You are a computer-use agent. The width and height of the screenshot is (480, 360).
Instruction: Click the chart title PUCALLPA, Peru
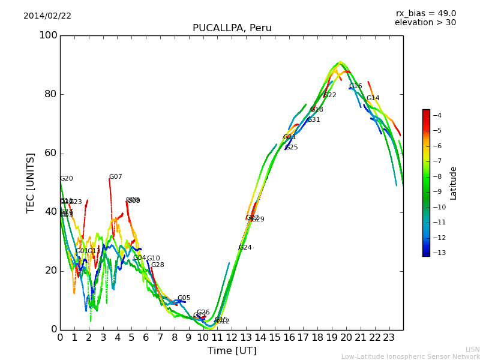[x=232, y=28]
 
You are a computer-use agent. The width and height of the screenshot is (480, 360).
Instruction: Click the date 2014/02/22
[x=47, y=16]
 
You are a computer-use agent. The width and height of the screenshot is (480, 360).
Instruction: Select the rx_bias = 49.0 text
[x=425, y=14]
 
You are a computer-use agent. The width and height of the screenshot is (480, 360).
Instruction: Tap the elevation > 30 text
[x=425, y=23]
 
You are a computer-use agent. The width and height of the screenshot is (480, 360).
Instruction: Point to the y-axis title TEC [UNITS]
[x=31, y=182]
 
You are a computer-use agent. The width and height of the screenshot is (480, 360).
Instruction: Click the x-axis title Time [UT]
[x=232, y=351]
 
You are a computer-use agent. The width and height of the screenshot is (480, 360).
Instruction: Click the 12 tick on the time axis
[x=232, y=338]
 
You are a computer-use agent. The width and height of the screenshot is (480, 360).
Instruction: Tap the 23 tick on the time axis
[x=389, y=338]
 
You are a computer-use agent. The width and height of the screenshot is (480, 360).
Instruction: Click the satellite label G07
[x=115, y=177]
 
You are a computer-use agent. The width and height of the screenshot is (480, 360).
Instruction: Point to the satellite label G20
[x=66, y=179]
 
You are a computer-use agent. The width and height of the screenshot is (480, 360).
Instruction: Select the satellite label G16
[x=355, y=86]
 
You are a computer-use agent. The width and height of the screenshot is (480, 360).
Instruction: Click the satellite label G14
[x=373, y=98]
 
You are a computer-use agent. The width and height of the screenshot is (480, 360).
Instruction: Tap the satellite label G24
[x=245, y=248]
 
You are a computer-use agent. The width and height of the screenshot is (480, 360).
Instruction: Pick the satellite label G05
[x=184, y=298]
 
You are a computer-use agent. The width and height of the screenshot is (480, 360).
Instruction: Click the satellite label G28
[x=157, y=265]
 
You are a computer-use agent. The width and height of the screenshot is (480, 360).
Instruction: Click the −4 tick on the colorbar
[x=437, y=115]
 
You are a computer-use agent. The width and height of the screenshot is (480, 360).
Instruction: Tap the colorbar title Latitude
[x=454, y=183]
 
